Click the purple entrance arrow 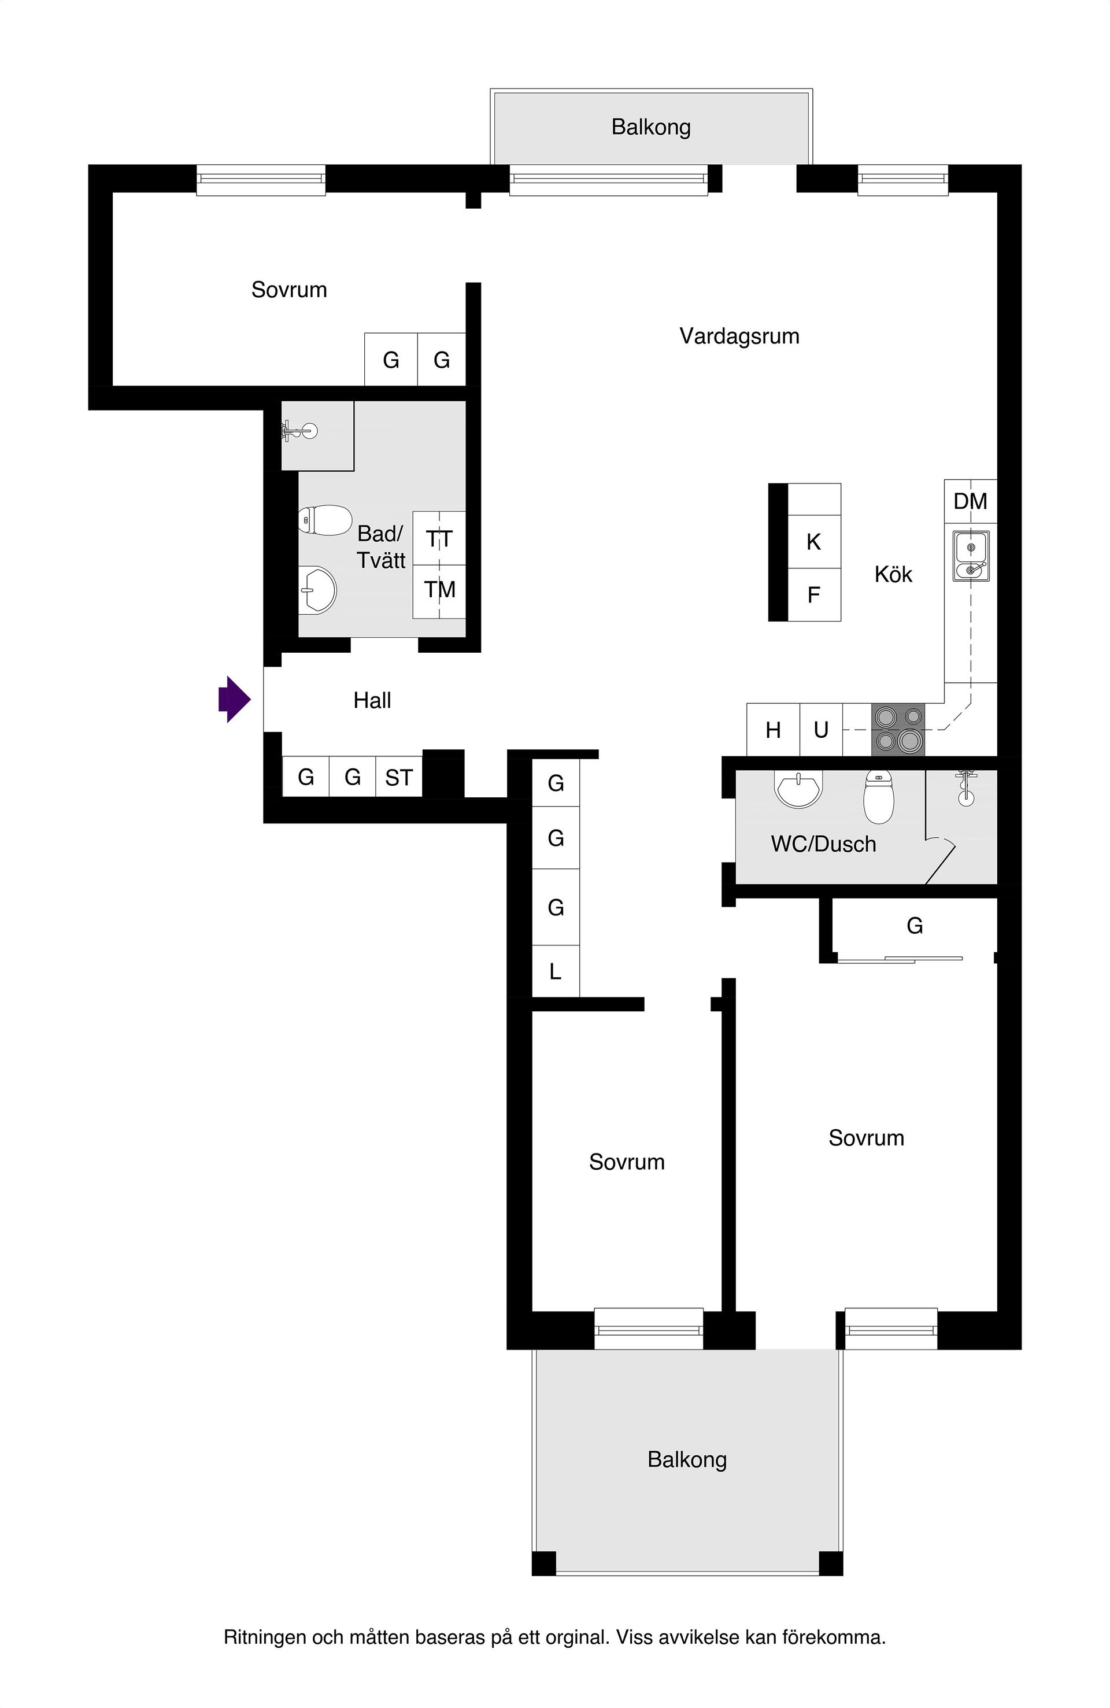(235, 699)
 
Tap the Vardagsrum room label (739, 336)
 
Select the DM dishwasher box (970, 501)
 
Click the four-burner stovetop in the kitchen (898, 729)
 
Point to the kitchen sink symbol (971, 556)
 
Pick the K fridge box (813, 542)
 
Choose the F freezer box (813, 595)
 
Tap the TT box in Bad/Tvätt (439, 539)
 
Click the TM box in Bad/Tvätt (439, 590)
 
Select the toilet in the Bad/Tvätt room (325, 520)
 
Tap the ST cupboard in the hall (399, 777)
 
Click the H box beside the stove (773, 730)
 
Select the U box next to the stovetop (821, 730)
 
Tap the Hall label (372, 700)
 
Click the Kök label (893, 574)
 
